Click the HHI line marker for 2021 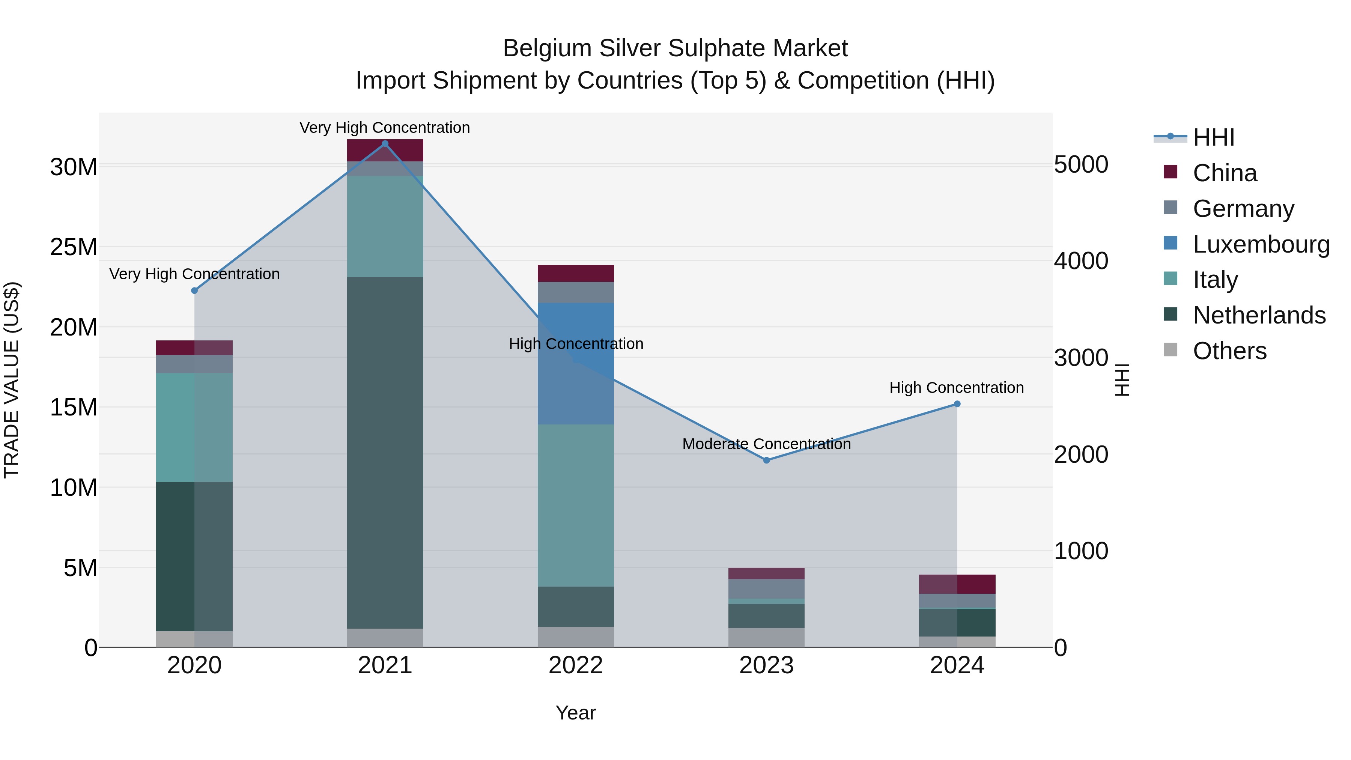[385, 144]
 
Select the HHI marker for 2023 [766, 460]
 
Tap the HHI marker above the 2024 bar [957, 404]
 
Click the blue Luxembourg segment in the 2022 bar [576, 336]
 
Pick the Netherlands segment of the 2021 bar [385, 451]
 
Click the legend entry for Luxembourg [1261, 244]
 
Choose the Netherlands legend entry [1259, 315]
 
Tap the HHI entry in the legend [1213, 137]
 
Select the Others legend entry [1229, 351]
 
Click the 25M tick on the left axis [74, 247]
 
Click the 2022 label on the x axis [576, 665]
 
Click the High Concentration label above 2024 [957, 388]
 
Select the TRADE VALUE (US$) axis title [12, 380]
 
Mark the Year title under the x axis [576, 713]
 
